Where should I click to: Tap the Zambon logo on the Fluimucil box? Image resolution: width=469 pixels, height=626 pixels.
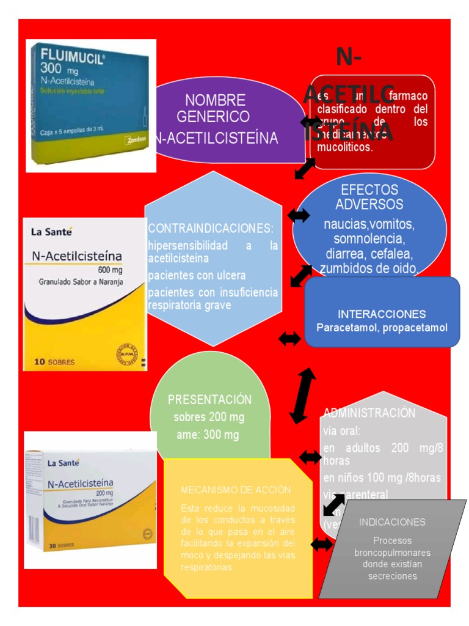point(136,139)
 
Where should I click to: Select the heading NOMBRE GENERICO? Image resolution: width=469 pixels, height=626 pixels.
point(215,108)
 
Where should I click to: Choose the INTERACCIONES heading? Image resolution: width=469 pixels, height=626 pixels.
point(382,314)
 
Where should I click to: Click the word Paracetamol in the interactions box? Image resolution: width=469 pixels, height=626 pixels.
point(345,328)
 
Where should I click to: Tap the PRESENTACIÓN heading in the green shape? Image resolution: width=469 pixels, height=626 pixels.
point(209,400)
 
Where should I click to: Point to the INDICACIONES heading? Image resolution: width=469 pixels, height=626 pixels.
point(392,522)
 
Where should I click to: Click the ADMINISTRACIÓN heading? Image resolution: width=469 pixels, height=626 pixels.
point(369,413)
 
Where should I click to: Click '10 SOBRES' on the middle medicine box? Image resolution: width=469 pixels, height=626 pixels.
point(55,362)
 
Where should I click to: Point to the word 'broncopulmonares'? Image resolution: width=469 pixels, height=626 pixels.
point(392,553)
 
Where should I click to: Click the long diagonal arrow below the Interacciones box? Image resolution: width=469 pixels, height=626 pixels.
point(302,396)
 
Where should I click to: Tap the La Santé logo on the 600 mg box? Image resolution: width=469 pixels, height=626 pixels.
point(51,232)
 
